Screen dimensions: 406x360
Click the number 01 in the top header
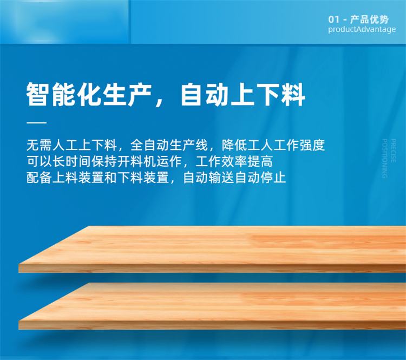[x=333, y=19]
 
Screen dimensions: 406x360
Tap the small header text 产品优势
[x=370, y=19]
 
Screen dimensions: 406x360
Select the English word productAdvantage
[x=362, y=29]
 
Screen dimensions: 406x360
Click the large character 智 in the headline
[x=38, y=94]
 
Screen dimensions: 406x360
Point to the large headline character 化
[x=89, y=94]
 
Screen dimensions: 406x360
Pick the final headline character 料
[x=293, y=94]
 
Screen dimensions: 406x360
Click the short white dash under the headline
[x=36, y=122]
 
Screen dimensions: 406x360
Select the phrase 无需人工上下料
[x=71, y=145]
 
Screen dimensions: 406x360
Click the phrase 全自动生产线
[x=169, y=145]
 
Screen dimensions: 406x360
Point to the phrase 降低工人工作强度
[x=273, y=145]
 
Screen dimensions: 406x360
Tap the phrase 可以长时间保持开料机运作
[x=104, y=161]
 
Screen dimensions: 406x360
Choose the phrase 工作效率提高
[x=234, y=161]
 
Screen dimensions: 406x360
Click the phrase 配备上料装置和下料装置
[x=97, y=178]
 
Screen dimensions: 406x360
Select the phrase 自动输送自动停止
[x=234, y=178]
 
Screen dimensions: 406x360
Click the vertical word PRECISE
[x=393, y=150]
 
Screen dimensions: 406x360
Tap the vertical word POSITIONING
[x=385, y=159]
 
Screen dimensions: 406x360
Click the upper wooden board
[x=212, y=249]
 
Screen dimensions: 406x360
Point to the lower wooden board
[x=212, y=306]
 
